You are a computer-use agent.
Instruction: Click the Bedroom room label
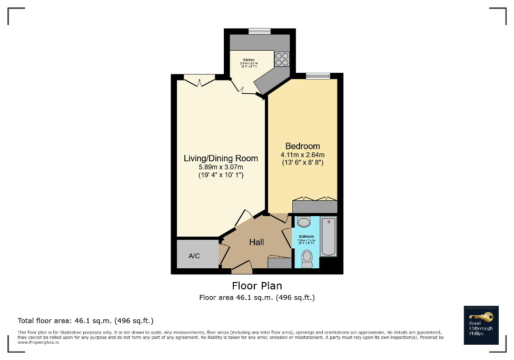click(302, 146)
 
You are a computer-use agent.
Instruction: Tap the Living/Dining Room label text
click(221, 158)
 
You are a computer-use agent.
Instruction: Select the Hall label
click(256, 242)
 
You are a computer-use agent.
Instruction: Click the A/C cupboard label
click(194, 256)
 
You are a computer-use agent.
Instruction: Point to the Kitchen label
click(249, 60)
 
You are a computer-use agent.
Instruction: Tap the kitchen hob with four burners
click(282, 59)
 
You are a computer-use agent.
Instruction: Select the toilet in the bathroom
click(307, 258)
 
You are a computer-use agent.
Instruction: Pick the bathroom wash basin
click(304, 222)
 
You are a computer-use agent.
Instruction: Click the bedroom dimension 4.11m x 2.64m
click(302, 155)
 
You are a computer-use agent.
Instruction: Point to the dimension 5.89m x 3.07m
click(221, 167)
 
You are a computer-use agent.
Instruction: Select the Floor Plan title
click(257, 286)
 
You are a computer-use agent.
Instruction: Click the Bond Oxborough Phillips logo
click(481, 325)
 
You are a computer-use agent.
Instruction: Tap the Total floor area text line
click(85, 320)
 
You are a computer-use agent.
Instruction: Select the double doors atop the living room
click(199, 81)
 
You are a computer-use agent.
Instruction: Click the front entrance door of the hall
click(242, 269)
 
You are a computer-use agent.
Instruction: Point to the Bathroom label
click(306, 237)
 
